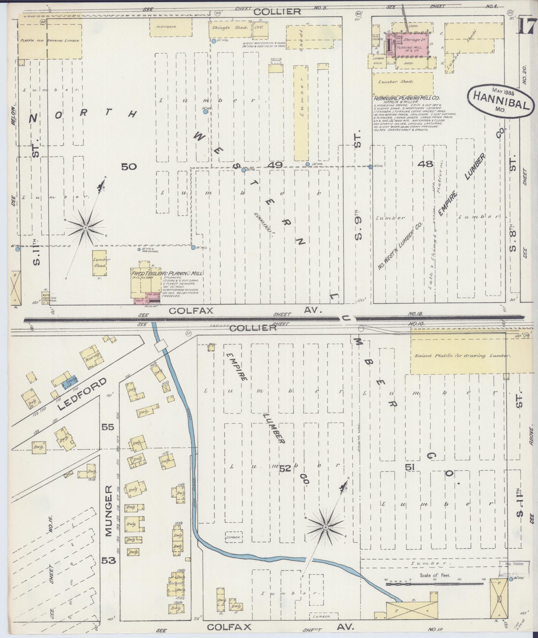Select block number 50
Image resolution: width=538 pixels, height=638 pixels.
point(129,166)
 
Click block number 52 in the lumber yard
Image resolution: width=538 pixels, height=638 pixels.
point(285,469)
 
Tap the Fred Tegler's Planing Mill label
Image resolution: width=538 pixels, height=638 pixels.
point(167,273)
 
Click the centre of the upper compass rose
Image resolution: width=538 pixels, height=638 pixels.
point(86,228)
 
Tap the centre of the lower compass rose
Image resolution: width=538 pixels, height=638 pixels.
point(325,527)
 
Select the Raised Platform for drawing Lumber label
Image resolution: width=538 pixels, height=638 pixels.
point(462,356)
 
